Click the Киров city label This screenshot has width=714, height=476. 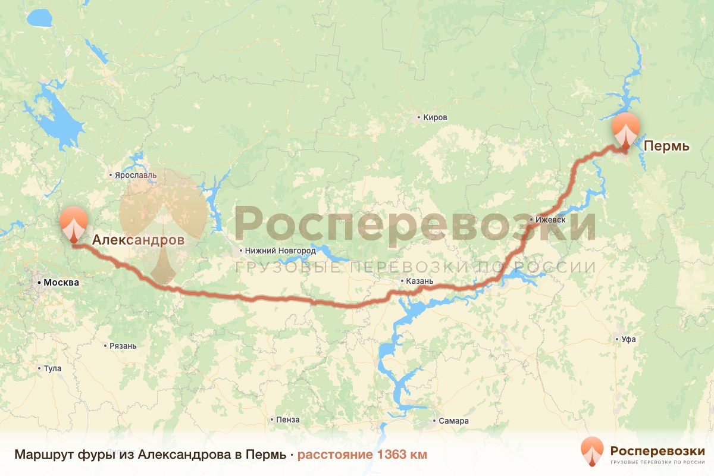pos(435,118)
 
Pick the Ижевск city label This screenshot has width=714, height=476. pos(550,220)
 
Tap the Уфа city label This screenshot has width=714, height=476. pos(628,340)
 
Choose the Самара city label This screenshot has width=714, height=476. pos(454,421)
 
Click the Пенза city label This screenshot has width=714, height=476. pos(287,419)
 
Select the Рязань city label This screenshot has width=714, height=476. pos(123,346)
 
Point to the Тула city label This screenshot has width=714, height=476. pos(52,368)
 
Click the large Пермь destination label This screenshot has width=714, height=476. pos(668,146)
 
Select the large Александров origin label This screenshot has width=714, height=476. pos(138,240)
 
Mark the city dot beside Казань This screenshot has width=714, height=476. pos(402,281)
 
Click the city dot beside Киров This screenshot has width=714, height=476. pos(419,118)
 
